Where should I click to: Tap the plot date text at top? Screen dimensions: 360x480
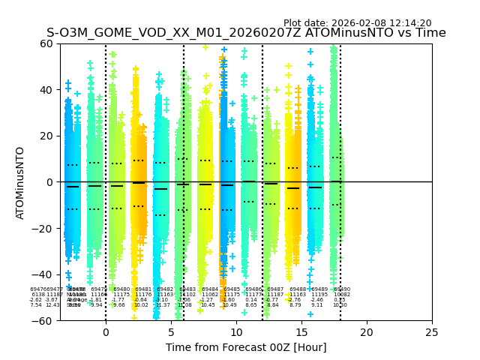(x=357, y=23)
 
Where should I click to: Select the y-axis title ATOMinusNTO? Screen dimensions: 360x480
(x=20, y=182)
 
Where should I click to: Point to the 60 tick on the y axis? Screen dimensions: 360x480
(x=46, y=43)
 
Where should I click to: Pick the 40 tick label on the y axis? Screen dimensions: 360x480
(x=46, y=90)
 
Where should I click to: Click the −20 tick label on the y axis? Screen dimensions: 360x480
(x=43, y=229)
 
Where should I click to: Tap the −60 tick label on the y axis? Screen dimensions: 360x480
(x=43, y=321)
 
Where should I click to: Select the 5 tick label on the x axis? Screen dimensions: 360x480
(x=171, y=332)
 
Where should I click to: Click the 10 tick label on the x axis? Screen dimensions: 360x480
(x=236, y=332)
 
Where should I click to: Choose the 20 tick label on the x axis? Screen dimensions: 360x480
(x=367, y=332)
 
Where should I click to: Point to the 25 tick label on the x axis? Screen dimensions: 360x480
(x=432, y=332)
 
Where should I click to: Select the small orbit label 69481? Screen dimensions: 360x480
(x=143, y=289)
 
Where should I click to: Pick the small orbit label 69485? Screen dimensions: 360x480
(x=232, y=289)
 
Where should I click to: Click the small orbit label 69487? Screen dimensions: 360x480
(x=275, y=289)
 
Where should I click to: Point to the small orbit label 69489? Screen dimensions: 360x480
(x=319, y=289)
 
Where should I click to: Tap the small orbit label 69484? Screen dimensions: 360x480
(x=210, y=289)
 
